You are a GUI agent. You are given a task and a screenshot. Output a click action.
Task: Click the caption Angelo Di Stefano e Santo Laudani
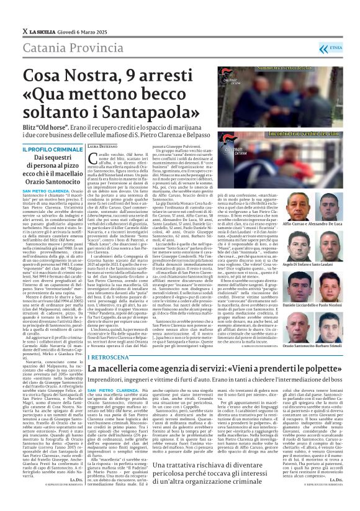point(307,265)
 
